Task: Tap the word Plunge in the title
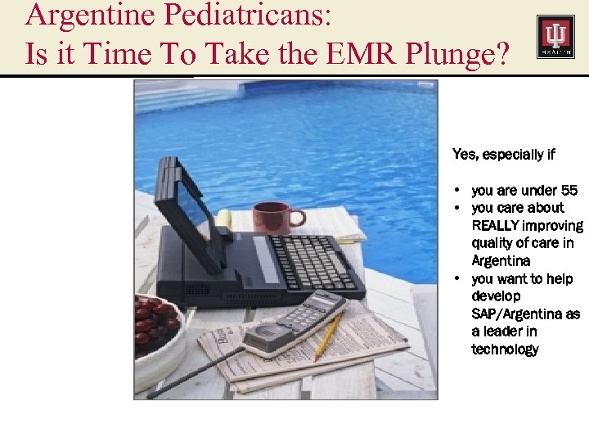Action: click(x=454, y=53)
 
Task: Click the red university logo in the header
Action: click(x=555, y=37)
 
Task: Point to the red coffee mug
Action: click(x=272, y=218)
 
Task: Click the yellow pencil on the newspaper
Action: click(x=328, y=336)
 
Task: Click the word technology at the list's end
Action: click(x=505, y=350)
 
